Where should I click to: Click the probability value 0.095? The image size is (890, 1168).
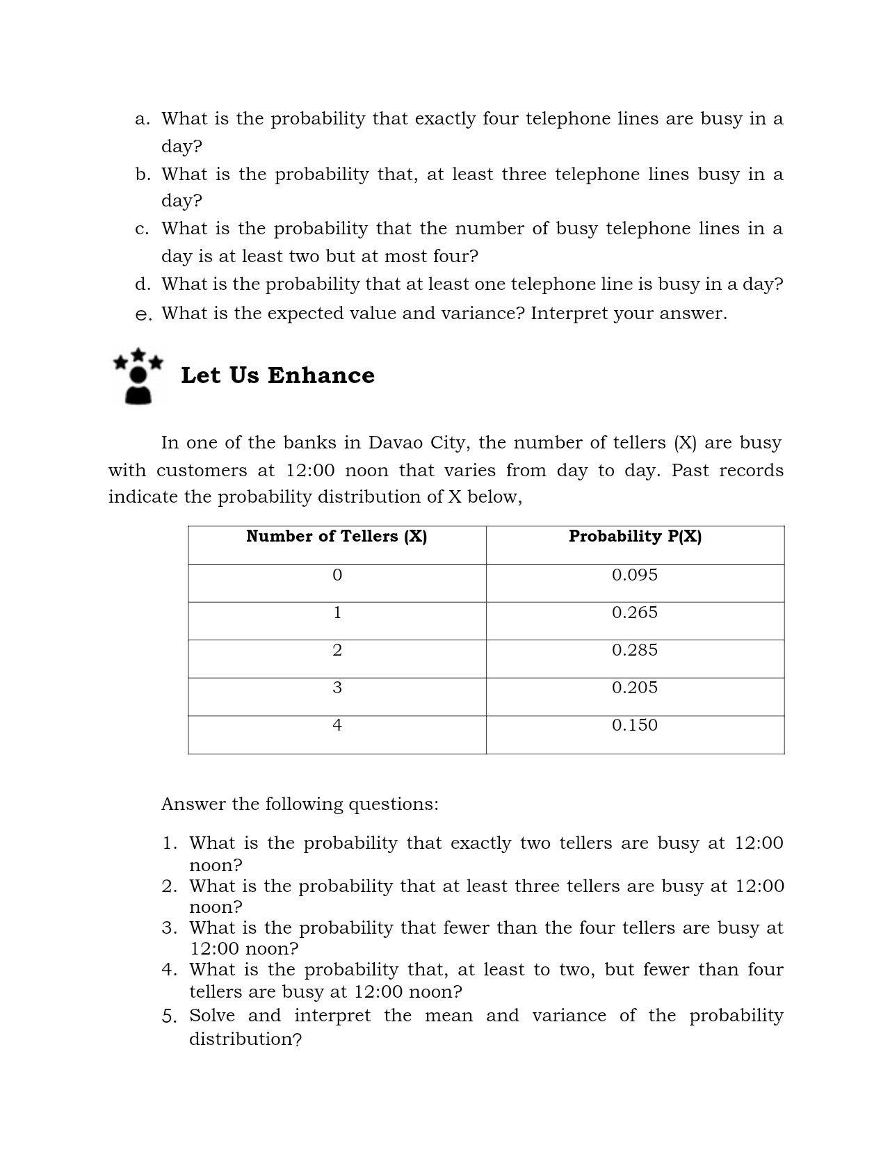point(634,575)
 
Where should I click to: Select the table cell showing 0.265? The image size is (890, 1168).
point(634,613)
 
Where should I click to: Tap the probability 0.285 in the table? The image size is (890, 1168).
point(634,650)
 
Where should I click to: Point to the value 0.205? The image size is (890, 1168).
point(634,688)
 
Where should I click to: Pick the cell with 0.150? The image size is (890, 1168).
point(634,725)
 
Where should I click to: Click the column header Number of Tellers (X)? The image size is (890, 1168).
point(337,536)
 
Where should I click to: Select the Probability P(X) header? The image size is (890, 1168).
point(635,536)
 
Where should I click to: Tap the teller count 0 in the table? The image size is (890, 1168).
point(337,575)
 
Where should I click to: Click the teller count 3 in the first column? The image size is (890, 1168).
point(337,688)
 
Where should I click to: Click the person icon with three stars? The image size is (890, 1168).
point(138,376)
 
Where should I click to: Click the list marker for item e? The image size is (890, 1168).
point(143,315)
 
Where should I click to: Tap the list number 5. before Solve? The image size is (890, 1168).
point(170,1016)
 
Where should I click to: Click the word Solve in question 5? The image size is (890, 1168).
point(212,1016)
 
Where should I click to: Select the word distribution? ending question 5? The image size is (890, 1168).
point(245,1039)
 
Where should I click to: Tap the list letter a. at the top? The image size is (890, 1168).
point(142,119)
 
